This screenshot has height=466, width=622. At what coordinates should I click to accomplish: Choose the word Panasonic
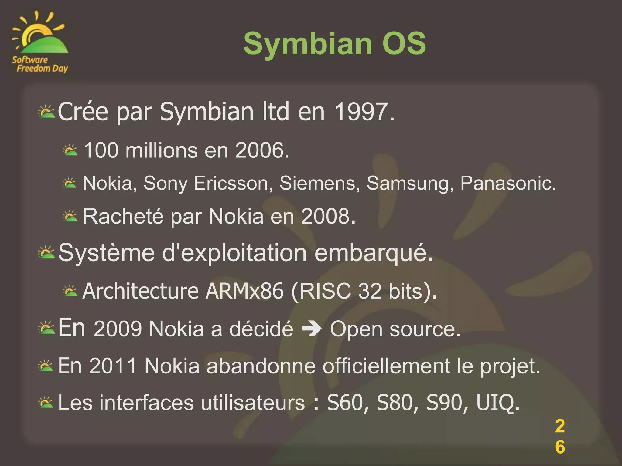pyautogui.click(x=508, y=183)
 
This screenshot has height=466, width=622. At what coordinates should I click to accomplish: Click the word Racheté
pyautogui.click(x=123, y=216)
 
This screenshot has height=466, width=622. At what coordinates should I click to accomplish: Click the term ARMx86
pyautogui.click(x=244, y=291)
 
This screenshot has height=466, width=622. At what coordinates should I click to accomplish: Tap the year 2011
pyautogui.click(x=113, y=366)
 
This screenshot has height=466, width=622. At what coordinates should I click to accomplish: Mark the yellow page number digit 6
pyautogui.click(x=560, y=447)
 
